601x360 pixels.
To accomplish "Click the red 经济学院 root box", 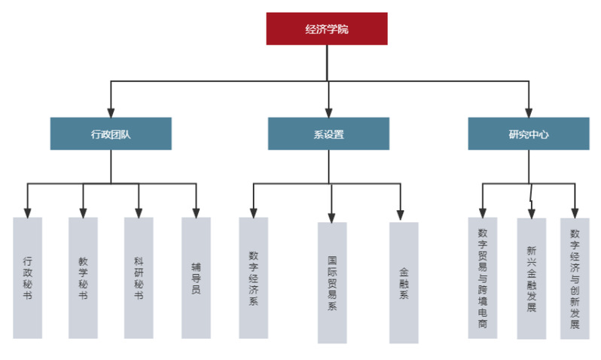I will [x=327, y=29].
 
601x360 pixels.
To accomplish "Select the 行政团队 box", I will [x=111, y=133].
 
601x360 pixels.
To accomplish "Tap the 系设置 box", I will [x=328, y=133].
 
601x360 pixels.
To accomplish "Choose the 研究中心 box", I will [x=528, y=133].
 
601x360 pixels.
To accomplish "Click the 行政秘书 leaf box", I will [x=28, y=277].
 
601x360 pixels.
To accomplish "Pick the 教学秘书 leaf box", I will [x=83, y=277].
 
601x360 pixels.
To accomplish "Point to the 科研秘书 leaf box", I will [x=139, y=277].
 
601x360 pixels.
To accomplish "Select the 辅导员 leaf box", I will [x=196, y=277].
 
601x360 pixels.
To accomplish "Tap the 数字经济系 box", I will [x=253, y=277].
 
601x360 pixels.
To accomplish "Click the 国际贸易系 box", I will [x=332, y=282].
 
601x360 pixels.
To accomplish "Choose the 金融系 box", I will [x=404, y=282].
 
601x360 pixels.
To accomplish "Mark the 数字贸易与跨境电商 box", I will [x=483, y=277].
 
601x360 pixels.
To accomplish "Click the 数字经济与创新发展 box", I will [x=575, y=279].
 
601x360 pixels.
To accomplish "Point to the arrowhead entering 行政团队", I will [x=111, y=112].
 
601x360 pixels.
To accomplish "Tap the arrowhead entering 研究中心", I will [x=528, y=112].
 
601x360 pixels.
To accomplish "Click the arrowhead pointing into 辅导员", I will [x=196, y=212].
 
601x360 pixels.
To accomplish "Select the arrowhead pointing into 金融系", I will [x=401, y=216].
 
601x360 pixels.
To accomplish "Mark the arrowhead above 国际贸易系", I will [x=331, y=217].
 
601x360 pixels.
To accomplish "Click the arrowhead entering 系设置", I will [x=328, y=112].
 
